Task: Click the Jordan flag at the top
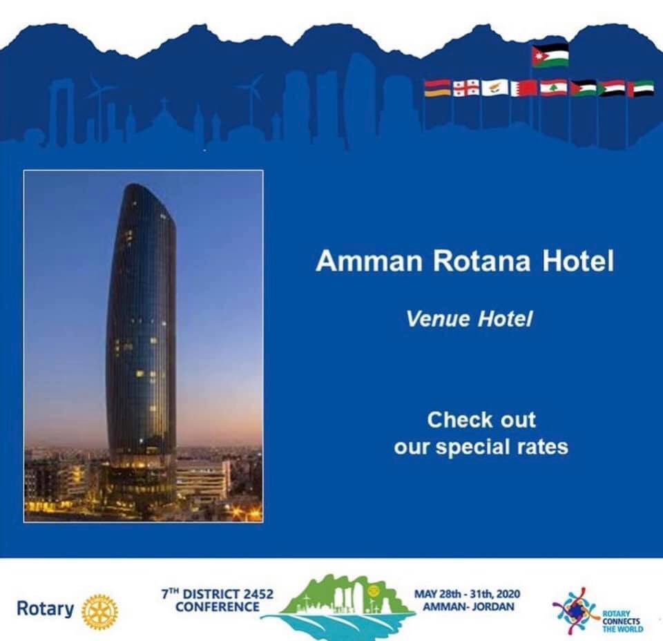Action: tap(550, 55)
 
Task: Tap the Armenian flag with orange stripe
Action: tap(436, 88)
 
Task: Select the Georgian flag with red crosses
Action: tap(465, 88)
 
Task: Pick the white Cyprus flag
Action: tap(494, 88)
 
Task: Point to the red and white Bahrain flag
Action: tap(523, 88)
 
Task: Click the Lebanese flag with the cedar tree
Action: tap(553, 88)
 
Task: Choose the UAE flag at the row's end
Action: tap(640, 88)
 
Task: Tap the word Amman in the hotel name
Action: tap(367, 262)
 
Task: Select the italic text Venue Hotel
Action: tap(470, 319)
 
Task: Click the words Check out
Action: tap(481, 419)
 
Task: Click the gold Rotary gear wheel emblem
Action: tap(99, 611)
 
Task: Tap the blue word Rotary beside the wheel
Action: tap(45, 609)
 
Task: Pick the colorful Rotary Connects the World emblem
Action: tap(575, 611)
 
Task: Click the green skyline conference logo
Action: tap(338, 604)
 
